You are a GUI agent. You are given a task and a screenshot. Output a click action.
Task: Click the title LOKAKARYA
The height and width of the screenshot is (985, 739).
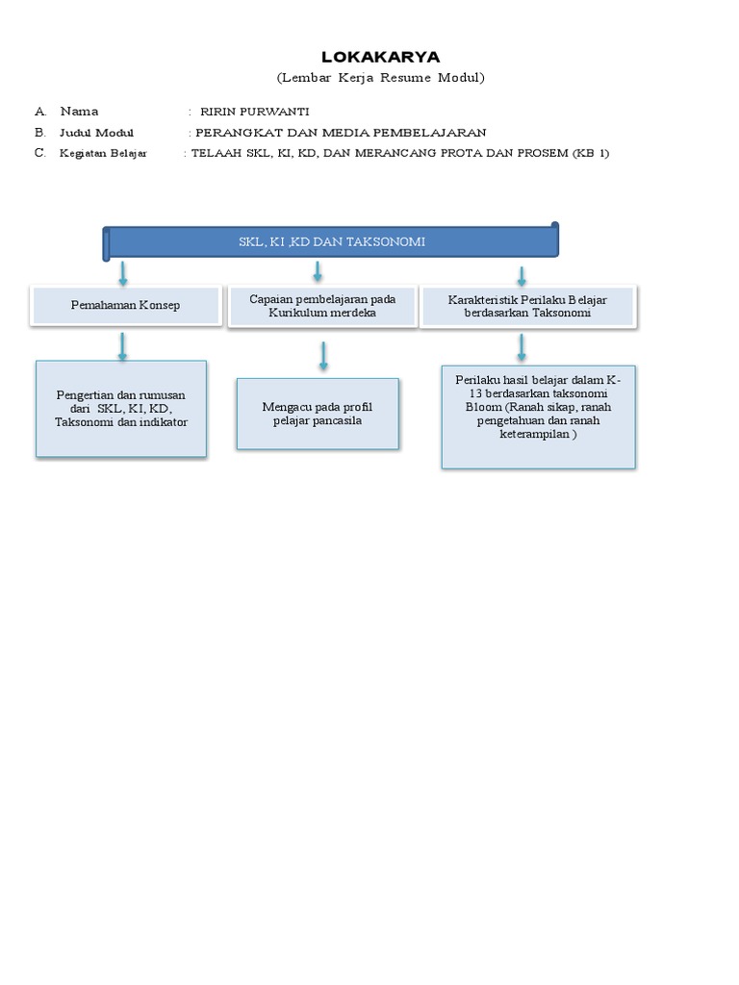380,57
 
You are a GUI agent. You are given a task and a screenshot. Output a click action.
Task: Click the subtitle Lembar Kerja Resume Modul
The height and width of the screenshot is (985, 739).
380,77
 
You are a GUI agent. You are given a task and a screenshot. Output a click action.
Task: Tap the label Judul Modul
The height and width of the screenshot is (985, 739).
96,133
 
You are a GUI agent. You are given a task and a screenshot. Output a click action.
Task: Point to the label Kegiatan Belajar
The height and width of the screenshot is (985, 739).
103,153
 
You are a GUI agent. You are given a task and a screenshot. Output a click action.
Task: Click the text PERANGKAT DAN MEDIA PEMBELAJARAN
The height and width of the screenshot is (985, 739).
341,133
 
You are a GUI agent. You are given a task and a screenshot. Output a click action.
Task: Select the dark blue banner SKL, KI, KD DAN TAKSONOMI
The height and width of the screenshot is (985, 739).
332,241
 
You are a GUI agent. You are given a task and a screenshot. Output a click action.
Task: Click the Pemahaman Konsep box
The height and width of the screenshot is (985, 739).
125,305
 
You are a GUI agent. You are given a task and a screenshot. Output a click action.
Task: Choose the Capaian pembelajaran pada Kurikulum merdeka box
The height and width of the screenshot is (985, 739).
322,306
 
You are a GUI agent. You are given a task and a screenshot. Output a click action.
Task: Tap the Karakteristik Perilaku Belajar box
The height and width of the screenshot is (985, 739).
527,306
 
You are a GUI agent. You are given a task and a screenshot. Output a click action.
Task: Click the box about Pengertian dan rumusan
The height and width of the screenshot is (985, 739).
121,409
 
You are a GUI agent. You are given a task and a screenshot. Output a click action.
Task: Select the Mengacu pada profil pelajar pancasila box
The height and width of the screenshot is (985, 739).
318,414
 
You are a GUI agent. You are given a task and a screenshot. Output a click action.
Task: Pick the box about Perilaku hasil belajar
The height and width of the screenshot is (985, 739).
538,416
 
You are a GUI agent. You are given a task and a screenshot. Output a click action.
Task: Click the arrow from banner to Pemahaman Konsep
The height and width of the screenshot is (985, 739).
123,273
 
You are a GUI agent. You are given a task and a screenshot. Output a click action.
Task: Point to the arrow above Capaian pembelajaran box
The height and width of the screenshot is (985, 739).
319,273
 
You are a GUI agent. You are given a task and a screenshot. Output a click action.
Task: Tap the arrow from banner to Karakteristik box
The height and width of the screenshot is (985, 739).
522,276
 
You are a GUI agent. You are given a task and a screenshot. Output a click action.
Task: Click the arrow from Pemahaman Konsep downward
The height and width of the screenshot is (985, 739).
122,345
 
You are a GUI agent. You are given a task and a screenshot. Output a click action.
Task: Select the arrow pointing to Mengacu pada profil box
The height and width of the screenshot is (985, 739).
323,356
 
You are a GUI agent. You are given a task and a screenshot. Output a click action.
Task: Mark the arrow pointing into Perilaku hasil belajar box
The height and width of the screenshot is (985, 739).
522,347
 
